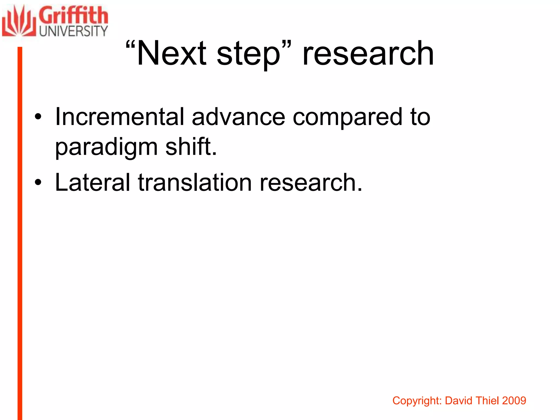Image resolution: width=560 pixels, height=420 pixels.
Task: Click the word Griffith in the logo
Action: [73, 16]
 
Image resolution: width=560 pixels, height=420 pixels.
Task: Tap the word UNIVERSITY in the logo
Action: [73, 31]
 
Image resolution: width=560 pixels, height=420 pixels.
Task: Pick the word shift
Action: [191, 146]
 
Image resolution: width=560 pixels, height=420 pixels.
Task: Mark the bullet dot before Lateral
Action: [38, 183]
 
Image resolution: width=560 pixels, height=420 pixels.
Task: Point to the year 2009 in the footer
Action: [514, 401]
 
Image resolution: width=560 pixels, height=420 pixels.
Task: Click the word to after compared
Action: [420, 117]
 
